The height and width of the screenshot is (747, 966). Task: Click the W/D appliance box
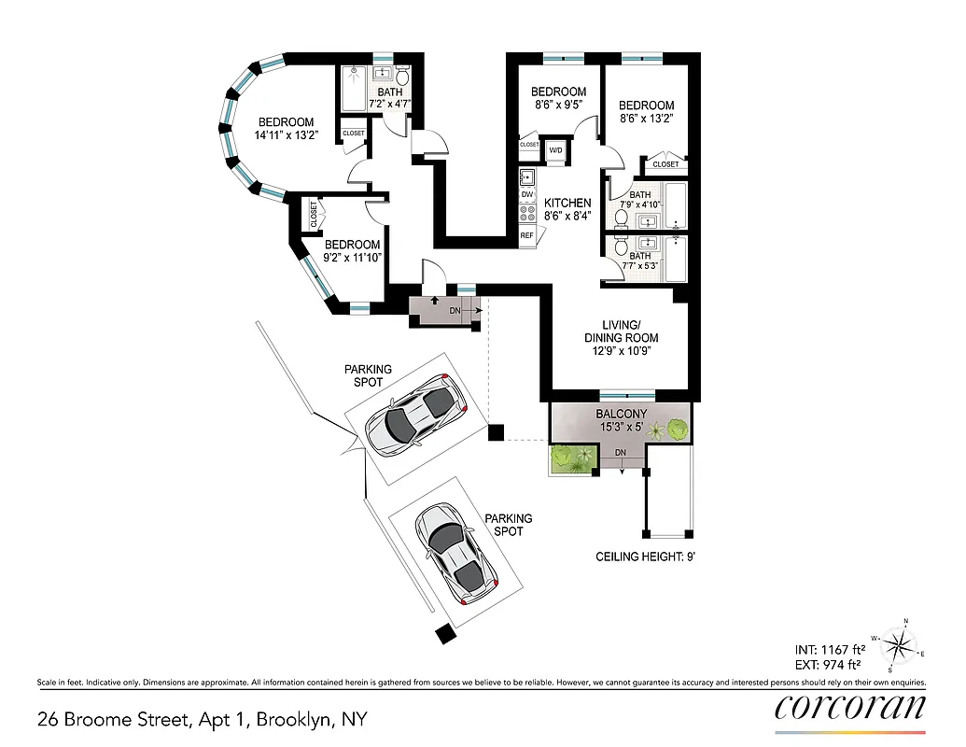[x=555, y=150]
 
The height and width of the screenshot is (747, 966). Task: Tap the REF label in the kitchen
[x=527, y=235]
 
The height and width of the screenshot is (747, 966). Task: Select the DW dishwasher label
[x=527, y=194]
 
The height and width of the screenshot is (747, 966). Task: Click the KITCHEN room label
[x=567, y=203]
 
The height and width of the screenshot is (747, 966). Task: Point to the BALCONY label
[x=621, y=414]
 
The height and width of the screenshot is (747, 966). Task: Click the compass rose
[x=901, y=644]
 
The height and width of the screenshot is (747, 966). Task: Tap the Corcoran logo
[x=850, y=707]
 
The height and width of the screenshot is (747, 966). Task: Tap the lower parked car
[x=456, y=552]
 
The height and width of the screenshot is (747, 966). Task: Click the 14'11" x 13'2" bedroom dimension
[x=286, y=135]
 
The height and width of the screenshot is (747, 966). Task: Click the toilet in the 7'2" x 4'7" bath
[x=403, y=76]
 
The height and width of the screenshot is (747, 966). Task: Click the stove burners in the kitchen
[x=527, y=214]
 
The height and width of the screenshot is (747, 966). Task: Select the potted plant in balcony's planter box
[x=571, y=458]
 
